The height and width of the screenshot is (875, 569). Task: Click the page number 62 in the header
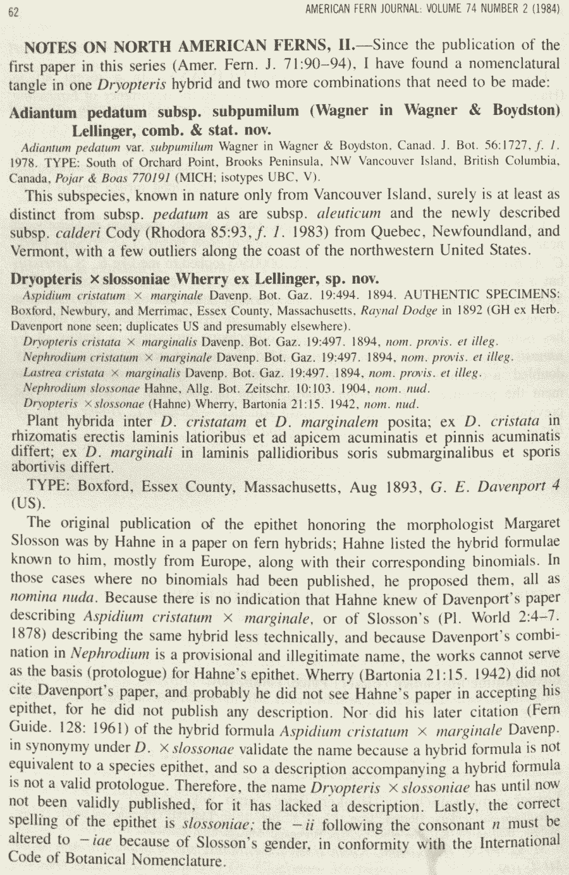pyautogui.click(x=13, y=11)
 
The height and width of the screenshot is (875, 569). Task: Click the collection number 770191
pyautogui.click(x=150, y=177)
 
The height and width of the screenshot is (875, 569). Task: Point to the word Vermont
pyautogui.click(x=36, y=250)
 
